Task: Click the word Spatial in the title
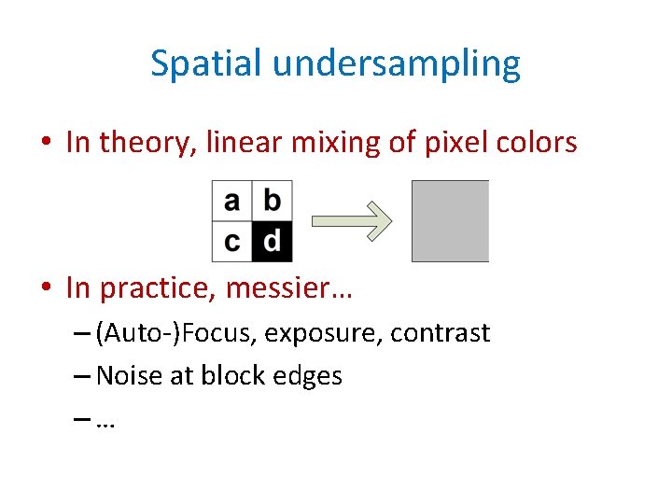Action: [x=206, y=63]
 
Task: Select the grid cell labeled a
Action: [x=232, y=201]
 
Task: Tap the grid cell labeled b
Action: [x=272, y=201]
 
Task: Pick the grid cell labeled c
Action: [x=232, y=242]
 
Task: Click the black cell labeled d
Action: [x=272, y=242]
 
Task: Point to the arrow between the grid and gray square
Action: [x=351, y=221]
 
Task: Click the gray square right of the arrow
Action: [x=450, y=221]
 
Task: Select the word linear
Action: [x=228, y=142]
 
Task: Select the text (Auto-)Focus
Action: [x=176, y=333]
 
